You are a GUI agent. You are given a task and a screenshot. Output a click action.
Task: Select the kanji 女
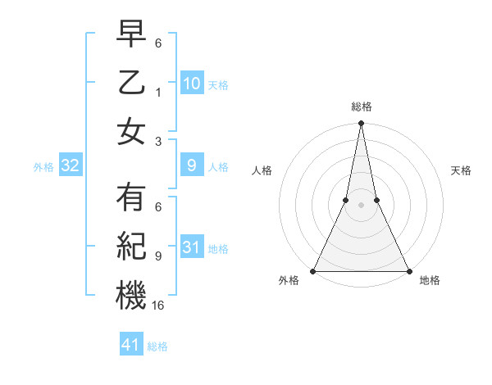(x=131, y=131)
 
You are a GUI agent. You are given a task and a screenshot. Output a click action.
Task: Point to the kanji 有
(x=131, y=198)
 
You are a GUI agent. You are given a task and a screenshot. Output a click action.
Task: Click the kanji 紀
(x=131, y=247)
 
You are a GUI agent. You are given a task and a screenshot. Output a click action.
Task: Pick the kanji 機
(x=131, y=295)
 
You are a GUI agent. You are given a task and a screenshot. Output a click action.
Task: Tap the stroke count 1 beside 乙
(x=158, y=92)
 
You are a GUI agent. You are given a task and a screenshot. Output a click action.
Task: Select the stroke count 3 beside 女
(x=158, y=141)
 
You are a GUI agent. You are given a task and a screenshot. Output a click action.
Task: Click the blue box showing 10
(x=191, y=84)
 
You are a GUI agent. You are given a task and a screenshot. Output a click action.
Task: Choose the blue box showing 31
(x=191, y=247)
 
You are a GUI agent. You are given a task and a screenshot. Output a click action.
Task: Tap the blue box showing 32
(x=71, y=166)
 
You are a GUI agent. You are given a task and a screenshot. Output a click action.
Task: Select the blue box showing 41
(x=131, y=345)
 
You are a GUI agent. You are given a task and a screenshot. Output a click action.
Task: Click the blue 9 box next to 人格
(x=191, y=166)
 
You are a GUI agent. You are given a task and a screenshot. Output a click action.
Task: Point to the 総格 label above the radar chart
(x=361, y=106)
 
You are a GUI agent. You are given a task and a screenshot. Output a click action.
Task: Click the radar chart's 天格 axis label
(x=461, y=170)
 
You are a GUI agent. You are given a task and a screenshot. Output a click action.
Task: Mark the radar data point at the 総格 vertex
(x=361, y=125)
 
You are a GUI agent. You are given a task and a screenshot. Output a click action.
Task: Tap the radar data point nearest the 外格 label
(x=313, y=271)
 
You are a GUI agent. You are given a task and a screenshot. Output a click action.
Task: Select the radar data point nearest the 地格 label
(x=408, y=271)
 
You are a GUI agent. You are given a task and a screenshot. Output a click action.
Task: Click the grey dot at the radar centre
(x=361, y=206)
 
